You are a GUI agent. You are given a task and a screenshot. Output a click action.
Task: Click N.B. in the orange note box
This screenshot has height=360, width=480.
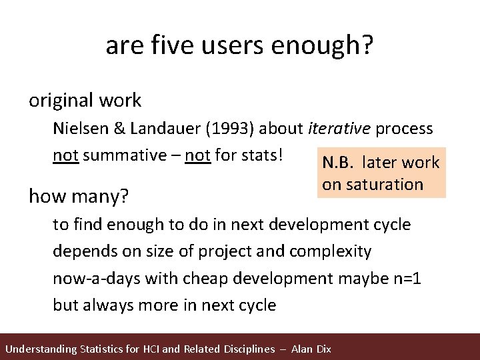point(341,163)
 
